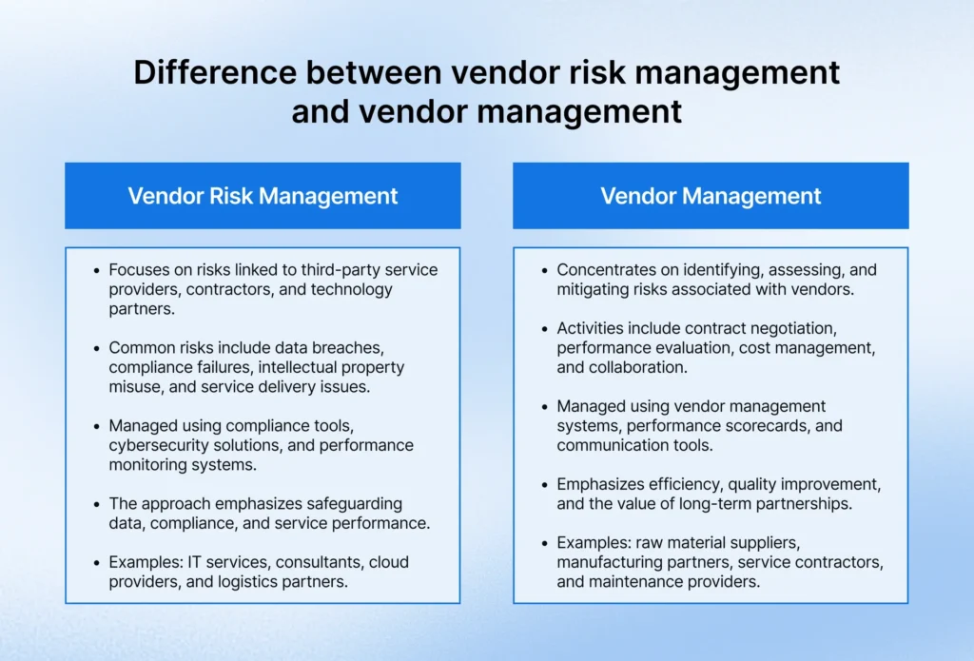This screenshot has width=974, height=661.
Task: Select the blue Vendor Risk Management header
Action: tap(263, 196)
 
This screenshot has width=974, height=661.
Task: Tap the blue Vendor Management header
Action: tap(711, 196)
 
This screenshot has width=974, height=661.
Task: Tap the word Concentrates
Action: tap(606, 269)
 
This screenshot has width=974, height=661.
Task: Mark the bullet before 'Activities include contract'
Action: tap(545, 329)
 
